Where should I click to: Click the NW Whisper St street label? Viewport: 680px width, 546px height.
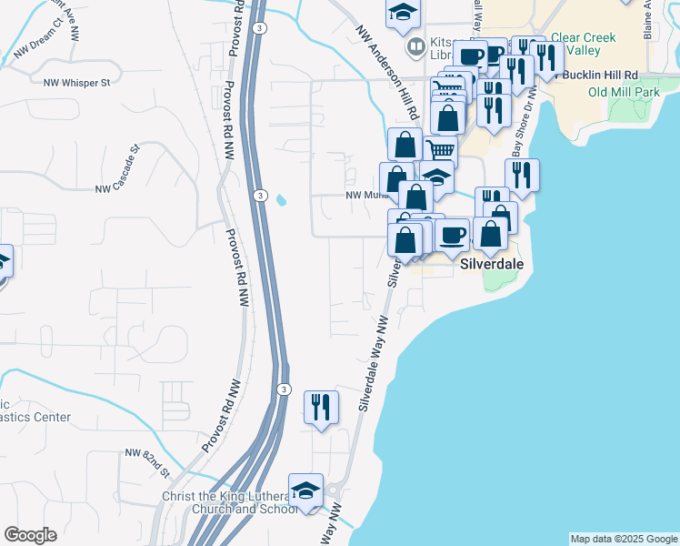click(76, 82)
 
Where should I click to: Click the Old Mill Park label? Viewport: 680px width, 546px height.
click(624, 92)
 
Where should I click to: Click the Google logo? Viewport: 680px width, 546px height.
click(30, 535)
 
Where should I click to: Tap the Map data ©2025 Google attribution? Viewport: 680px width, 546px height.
click(624, 539)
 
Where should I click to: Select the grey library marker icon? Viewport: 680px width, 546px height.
click(415, 45)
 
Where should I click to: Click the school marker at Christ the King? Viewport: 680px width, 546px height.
click(306, 490)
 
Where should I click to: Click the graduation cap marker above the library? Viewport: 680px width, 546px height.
click(401, 14)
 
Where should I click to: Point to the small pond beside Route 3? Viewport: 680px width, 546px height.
click(280, 199)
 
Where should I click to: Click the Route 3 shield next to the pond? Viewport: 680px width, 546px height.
click(260, 196)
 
